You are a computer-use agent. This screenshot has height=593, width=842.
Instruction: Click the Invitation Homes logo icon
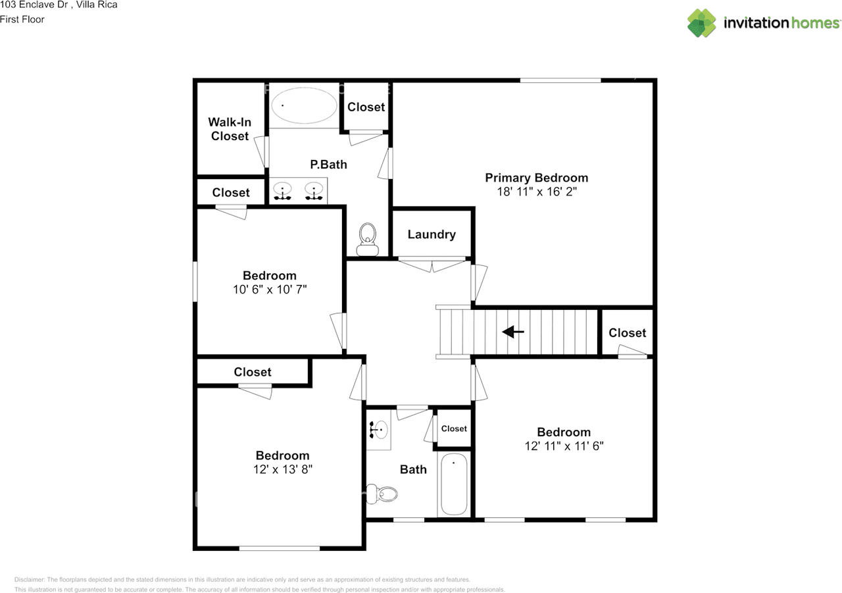coord(702,23)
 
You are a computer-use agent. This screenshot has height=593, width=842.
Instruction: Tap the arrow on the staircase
coord(513,332)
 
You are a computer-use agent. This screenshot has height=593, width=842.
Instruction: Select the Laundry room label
coord(432,234)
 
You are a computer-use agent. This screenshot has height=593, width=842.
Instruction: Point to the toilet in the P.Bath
coord(367,239)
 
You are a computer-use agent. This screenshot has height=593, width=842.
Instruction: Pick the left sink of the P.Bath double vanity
coord(283,192)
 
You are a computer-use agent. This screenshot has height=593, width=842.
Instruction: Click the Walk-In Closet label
coord(230,129)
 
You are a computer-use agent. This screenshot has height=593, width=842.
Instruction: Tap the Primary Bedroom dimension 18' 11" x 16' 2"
coord(536,192)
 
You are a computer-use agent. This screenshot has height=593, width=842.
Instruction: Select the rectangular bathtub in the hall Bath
coord(453,484)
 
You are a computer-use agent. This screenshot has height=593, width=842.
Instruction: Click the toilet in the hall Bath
coord(383,493)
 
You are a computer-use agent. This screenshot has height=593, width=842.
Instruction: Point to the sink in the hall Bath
coord(379,430)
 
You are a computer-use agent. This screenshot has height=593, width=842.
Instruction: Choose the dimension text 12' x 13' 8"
coord(282,470)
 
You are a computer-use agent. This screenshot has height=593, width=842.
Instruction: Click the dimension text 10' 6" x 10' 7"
coord(269,290)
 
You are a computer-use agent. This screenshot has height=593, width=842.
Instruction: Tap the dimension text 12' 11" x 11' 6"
coord(564,446)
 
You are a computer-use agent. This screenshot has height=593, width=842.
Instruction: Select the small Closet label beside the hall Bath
coord(454,428)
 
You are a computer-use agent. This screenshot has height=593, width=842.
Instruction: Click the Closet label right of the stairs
coord(627,333)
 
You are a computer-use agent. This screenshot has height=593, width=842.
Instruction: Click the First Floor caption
coord(22,20)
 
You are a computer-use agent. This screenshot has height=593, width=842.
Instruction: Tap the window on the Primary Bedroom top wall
coord(560,80)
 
